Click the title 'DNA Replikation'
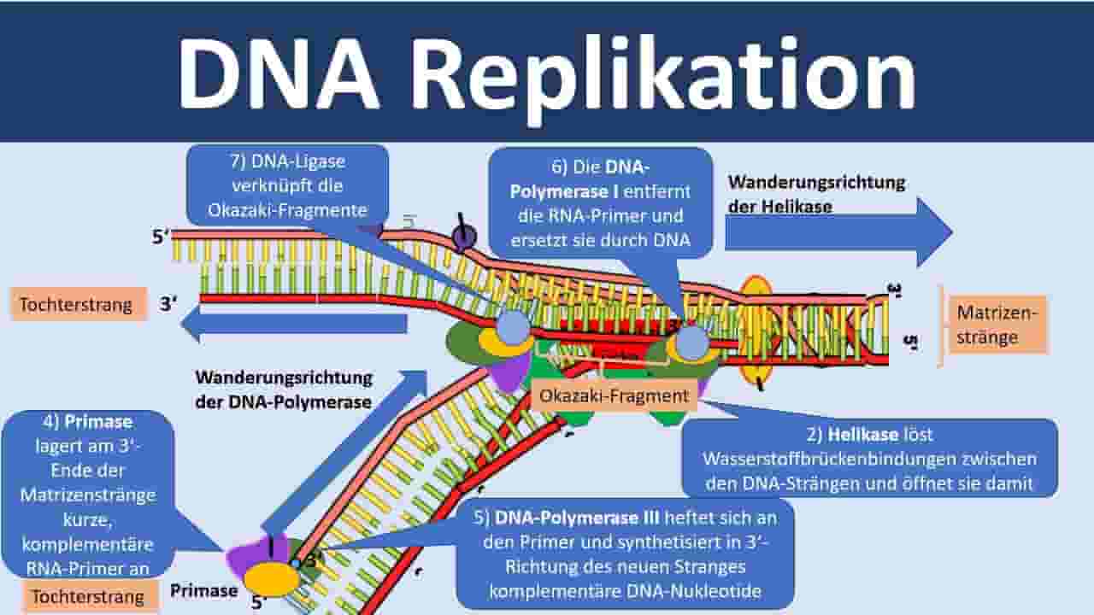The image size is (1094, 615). (547, 73)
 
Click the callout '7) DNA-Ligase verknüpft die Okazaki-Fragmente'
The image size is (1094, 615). (288, 185)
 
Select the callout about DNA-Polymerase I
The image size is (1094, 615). (600, 203)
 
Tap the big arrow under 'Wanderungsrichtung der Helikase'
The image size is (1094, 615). (838, 232)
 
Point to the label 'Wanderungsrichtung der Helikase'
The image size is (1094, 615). (816, 194)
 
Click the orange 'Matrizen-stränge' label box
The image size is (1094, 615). (997, 325)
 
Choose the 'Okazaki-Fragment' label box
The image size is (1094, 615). (614, 395)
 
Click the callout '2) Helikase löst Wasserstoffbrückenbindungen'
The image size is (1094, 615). (870, 459)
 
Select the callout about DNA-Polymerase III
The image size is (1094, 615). (625, 554)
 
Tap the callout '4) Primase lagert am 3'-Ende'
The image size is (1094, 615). (87, 494)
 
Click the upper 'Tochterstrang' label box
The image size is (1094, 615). (78, 305)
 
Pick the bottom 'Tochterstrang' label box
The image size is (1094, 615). (90, 596)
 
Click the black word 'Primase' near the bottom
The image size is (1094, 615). (203, 590)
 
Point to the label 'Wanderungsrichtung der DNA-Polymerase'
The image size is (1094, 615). (284, 389)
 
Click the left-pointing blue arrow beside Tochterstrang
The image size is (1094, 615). (294, 323)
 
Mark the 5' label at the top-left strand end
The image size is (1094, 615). (160, 237)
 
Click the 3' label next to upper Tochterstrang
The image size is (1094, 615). (168, 303)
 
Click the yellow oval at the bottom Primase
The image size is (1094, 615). (272, 579)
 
